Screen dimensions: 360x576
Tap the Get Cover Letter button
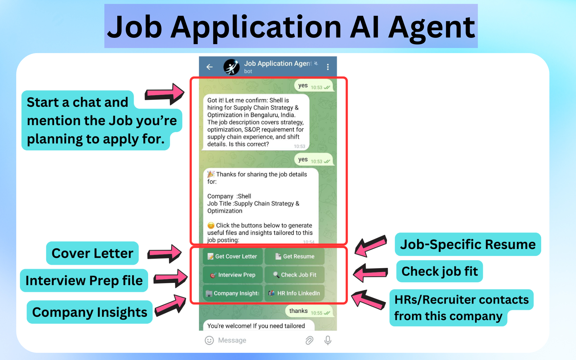tap(233, 256)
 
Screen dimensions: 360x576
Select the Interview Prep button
tap(233, 275)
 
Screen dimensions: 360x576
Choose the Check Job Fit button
tap(295, 275)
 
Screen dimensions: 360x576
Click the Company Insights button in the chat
tap(233, 293)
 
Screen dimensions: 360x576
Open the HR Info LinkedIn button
tap(295, 293)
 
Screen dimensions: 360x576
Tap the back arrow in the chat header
tap(209, 67)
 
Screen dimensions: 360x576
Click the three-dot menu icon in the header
tap(328, 67)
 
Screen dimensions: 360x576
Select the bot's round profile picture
tap(231, 67)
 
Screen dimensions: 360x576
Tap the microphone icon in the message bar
tap(328, 340)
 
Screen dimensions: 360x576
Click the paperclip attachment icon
tap(309, 340)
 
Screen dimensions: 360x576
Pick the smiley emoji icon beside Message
tap(209, 340)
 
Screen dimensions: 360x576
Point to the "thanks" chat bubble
tap(309, 311)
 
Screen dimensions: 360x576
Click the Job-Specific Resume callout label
tap(467, 244)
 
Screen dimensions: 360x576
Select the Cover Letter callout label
tap(92, 253)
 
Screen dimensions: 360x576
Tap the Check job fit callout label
tap(439, 271)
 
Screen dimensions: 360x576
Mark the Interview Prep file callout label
tap(84, 280)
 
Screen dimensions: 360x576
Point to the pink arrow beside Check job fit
tap(370, 273)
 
